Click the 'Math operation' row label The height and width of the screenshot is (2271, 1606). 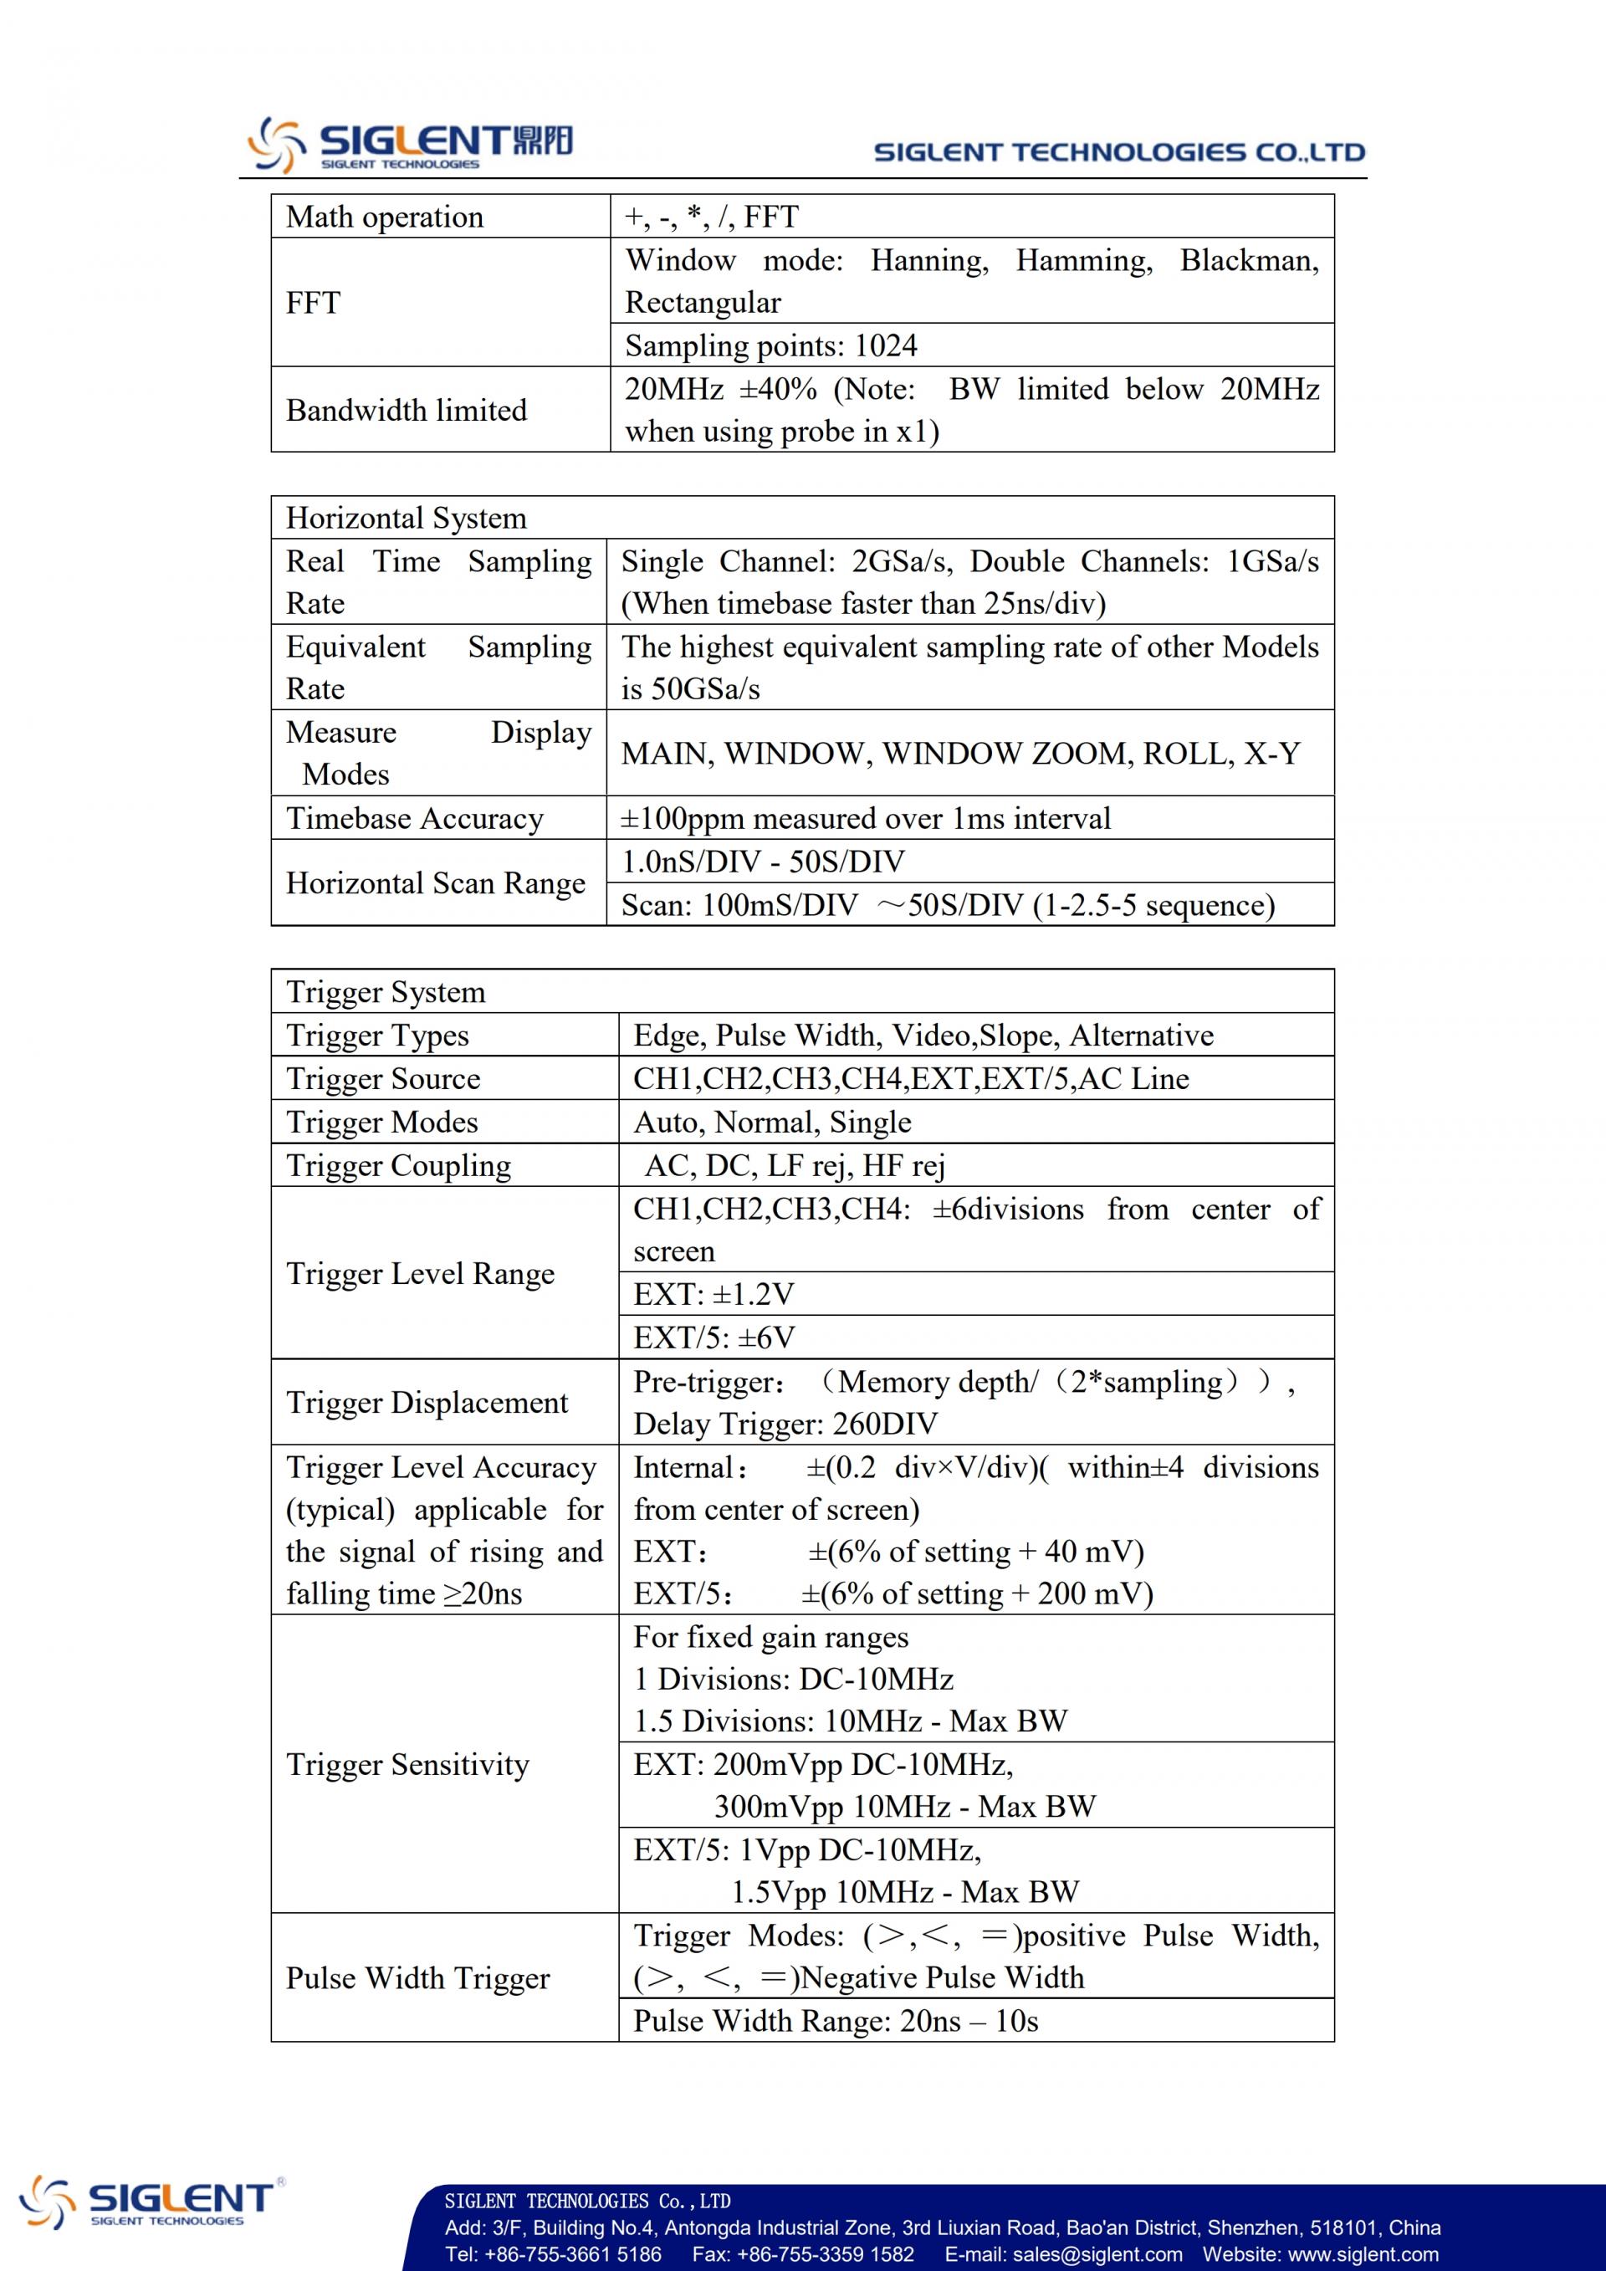385,217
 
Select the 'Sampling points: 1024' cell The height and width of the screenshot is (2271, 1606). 770,345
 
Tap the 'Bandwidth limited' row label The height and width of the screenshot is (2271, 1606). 407,410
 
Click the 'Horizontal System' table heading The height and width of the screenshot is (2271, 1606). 406,519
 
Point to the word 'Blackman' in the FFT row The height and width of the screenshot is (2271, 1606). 1248,260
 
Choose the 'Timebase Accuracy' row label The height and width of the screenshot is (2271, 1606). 414,818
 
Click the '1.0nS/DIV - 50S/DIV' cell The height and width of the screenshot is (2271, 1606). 763,862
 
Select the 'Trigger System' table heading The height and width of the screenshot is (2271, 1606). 386,992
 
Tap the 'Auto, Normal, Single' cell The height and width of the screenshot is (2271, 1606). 772,1122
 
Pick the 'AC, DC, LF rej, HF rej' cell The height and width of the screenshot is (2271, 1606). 794,1165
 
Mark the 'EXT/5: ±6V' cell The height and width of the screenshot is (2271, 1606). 714,1338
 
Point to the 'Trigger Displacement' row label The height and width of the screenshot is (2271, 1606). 427,1403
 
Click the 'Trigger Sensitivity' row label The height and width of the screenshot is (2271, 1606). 407,1765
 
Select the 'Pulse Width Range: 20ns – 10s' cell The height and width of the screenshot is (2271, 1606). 836,2020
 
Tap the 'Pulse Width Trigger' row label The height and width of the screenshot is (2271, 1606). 417,1977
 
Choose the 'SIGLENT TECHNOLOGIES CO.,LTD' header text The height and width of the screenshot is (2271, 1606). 1119,152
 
